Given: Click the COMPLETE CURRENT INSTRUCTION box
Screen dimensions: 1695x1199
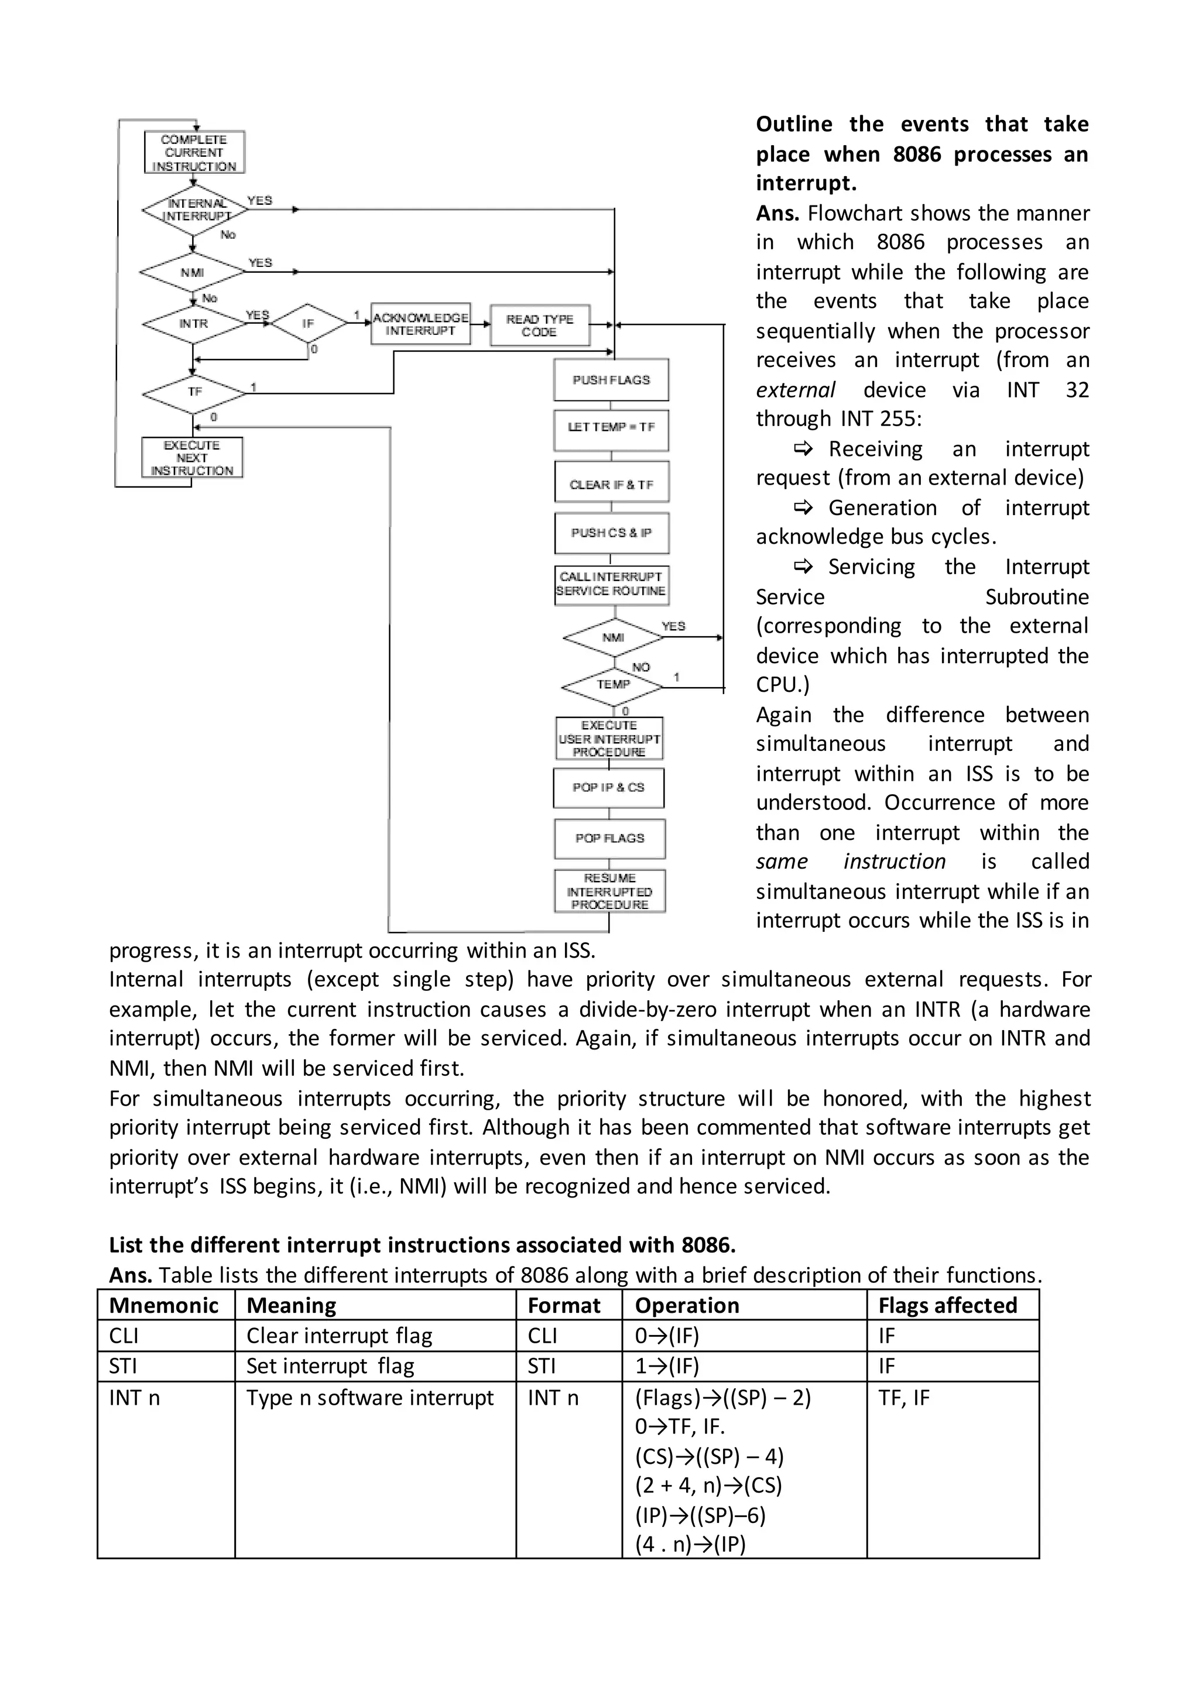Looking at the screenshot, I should (x=194, y=152).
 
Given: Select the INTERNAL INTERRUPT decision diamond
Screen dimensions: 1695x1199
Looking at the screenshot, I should (x=194, y=210).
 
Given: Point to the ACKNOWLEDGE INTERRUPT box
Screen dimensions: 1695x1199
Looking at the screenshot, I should (x=420, y=324).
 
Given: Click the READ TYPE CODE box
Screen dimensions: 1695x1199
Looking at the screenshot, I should (x=540, y=325).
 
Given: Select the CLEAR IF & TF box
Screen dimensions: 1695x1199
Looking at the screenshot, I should (x=611, y=484).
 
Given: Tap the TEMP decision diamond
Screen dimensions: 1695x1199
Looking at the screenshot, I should (x=613, y=685).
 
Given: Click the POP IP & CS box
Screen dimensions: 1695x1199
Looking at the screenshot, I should (x=608, y=788).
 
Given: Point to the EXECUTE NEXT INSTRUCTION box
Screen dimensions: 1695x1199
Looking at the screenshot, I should (x=192, y=458).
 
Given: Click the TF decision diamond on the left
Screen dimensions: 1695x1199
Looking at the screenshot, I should (x=194, y=392).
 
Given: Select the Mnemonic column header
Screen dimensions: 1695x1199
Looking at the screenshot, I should (x=164, y=1305).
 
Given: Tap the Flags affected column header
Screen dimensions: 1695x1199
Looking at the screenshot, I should (x=947, y=1305).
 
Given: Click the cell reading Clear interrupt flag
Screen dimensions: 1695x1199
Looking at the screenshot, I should (x=339, y=1336).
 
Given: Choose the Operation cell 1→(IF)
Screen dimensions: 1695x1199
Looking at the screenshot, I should (x=667, y=1365).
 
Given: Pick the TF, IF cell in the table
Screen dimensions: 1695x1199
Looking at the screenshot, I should (x=904, y=1398).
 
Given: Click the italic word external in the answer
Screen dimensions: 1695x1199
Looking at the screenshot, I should (x=795, y=390).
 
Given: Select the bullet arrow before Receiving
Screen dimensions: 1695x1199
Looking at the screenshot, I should (x=803, y=448).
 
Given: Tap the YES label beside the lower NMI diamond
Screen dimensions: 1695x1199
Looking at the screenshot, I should (x=673, y=626).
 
